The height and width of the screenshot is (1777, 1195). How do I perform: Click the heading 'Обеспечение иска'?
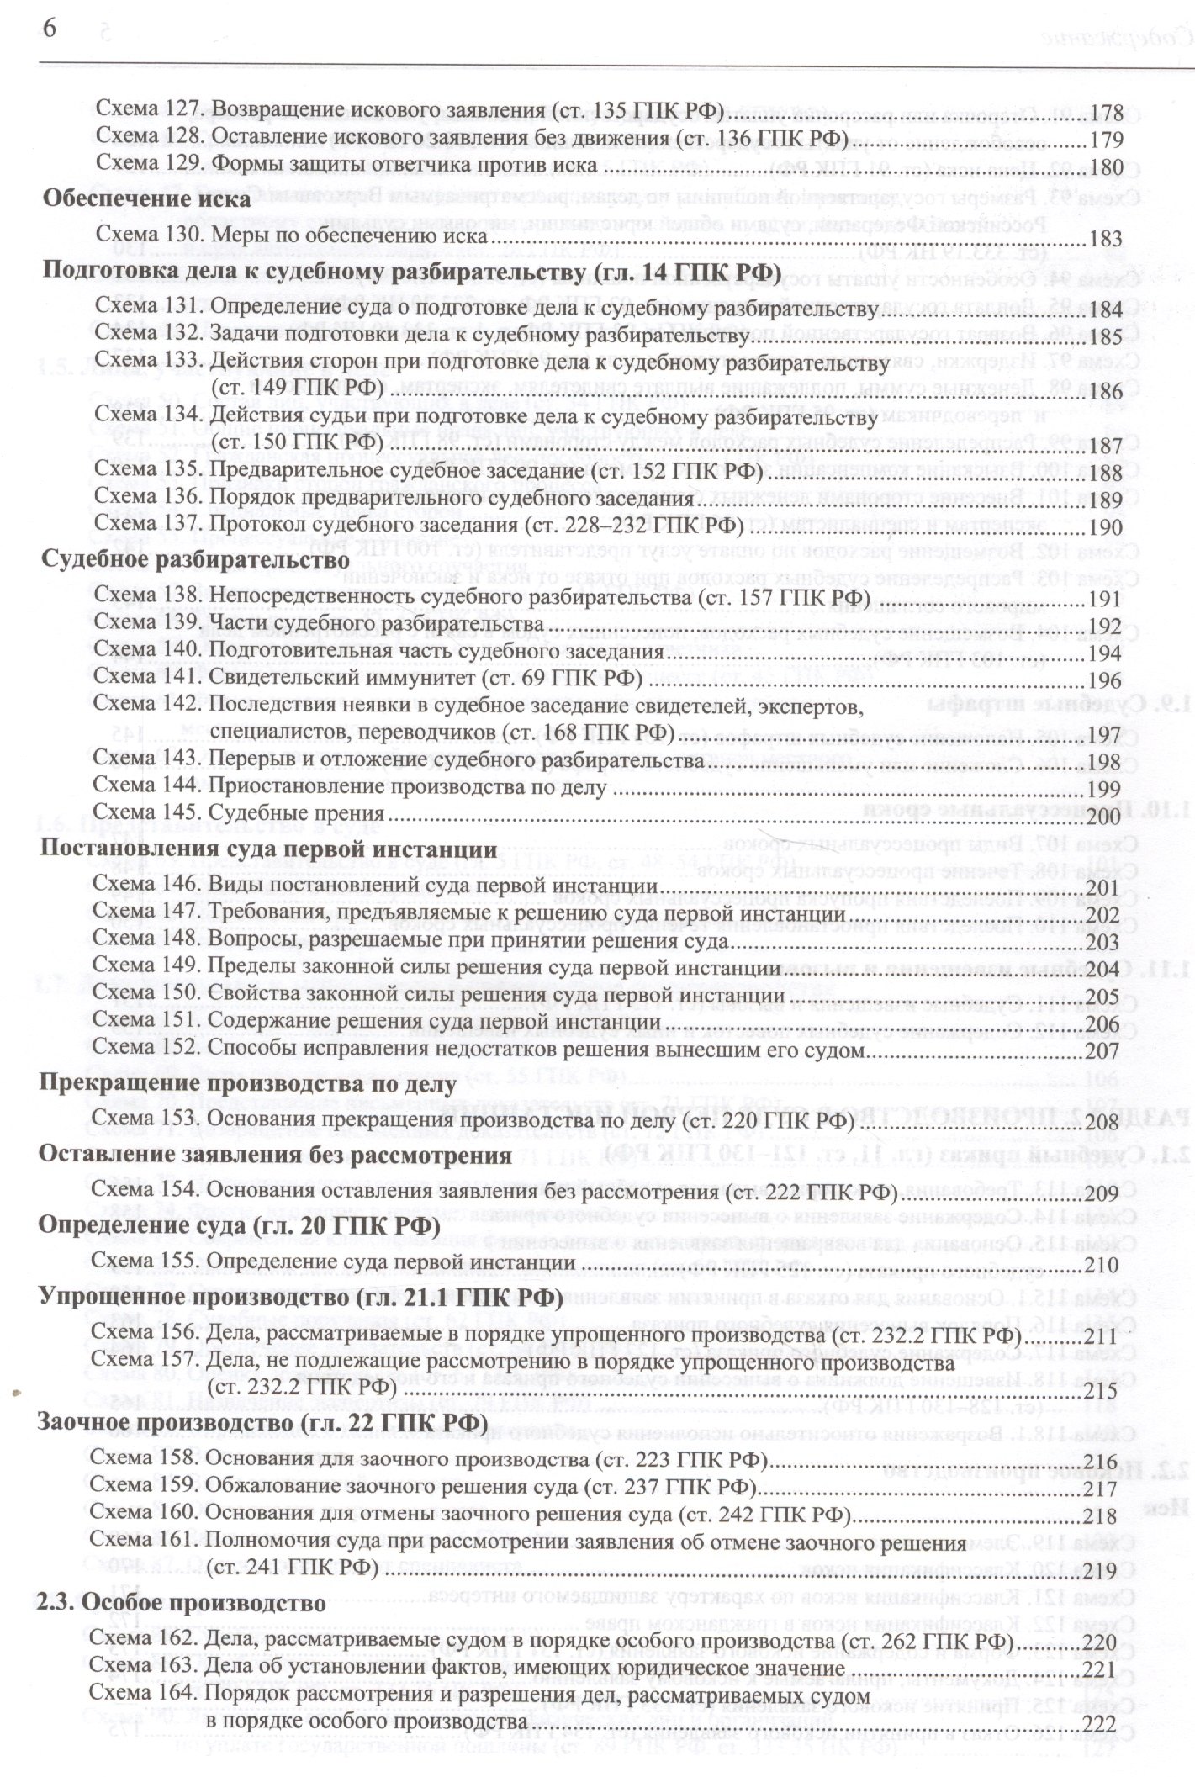(147, 200)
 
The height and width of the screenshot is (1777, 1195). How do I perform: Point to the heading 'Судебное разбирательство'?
(184, 559)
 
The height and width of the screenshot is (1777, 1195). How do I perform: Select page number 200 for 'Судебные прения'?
(1103, 816)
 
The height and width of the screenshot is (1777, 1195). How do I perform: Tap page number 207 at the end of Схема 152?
(1102, 1052)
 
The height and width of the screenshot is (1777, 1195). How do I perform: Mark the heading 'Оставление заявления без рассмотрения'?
(276, 1156)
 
